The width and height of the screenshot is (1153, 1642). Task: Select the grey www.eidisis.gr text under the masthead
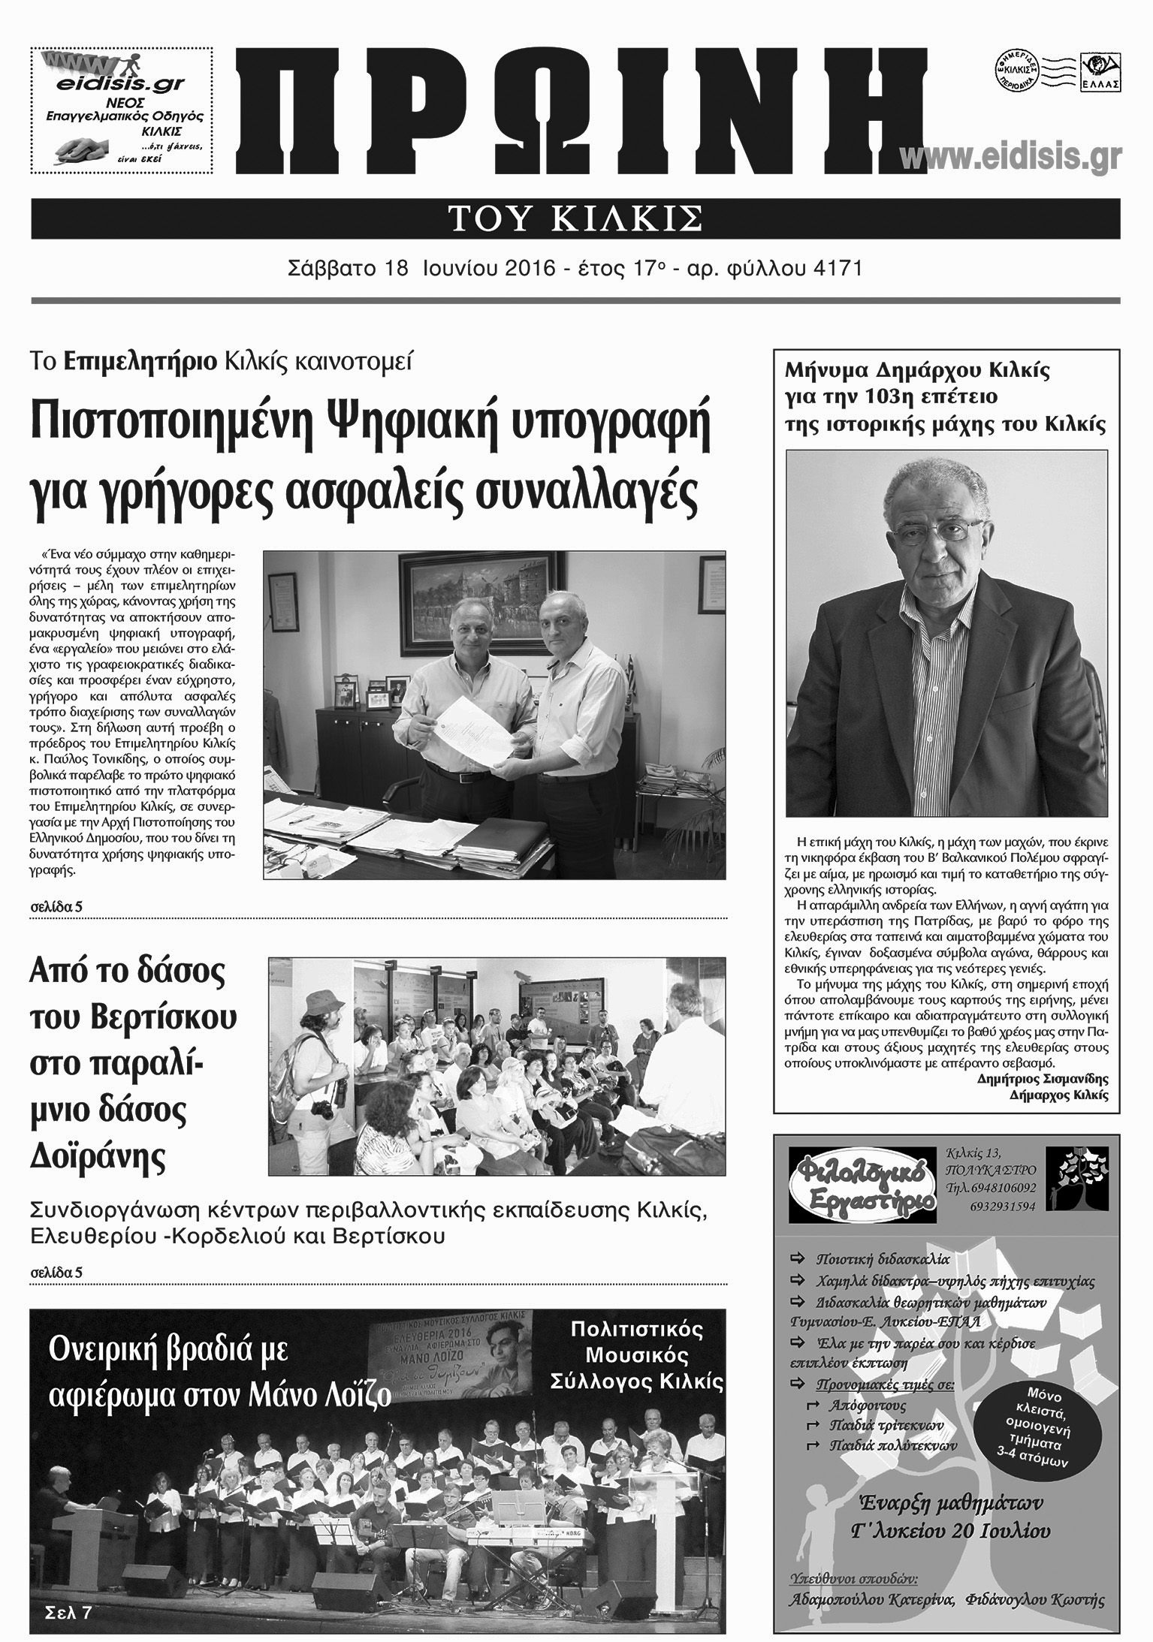tap(1010, 158)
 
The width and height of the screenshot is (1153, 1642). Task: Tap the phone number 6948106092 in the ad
tap(997, 1189)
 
